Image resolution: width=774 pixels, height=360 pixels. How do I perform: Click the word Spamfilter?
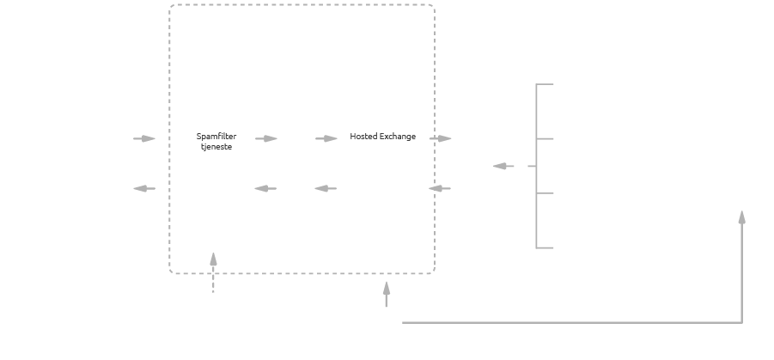pyautogui.click(x=216, y=137)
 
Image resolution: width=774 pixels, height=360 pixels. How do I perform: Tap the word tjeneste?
pyautogui.click(x=216, y=146)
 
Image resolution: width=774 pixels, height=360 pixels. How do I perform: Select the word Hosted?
pyautogui.click(x=363, y=137)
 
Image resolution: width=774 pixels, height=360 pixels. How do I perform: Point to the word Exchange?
pyautogui.click(x=398, y=137)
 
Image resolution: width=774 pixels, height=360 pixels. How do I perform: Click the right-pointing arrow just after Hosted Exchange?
pyautogui.click(x=441, y=138)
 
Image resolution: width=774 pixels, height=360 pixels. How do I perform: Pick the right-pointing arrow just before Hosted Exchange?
pyautogui.click(x=326, y=138)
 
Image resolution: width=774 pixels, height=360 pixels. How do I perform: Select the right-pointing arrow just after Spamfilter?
pyautogui.click(x=266, y=138)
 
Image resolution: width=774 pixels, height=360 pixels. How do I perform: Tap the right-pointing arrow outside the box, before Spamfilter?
pyautogui.click(x=144, y=138)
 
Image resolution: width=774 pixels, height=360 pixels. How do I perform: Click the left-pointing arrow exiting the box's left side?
pyautogui.click(x=144, y=188)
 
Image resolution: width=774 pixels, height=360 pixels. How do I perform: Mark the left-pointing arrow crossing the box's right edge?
pyautogui.click(x=440, y=188)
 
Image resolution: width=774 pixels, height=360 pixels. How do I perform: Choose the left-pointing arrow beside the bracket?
pyautogui.click(x=503, y=166)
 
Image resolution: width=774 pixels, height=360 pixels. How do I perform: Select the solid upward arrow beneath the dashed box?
pyautogui.click(x=386, y=294)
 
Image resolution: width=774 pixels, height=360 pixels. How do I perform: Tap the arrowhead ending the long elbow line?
pyautogui.click(x=741, y=217)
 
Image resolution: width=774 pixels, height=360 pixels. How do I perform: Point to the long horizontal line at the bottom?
pyautogui.click(x=567, y=323)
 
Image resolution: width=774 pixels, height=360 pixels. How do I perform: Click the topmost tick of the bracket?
pyautogui.click(x=545, y=84)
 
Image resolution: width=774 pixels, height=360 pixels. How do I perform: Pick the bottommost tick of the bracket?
pyautogui.click(x=545, y=247)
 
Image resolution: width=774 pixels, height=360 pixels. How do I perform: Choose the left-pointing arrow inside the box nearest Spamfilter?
pyautogui.click(x=266, y=188)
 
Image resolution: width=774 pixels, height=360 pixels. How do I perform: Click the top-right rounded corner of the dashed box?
pyautogui.click(x=431, y=9)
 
